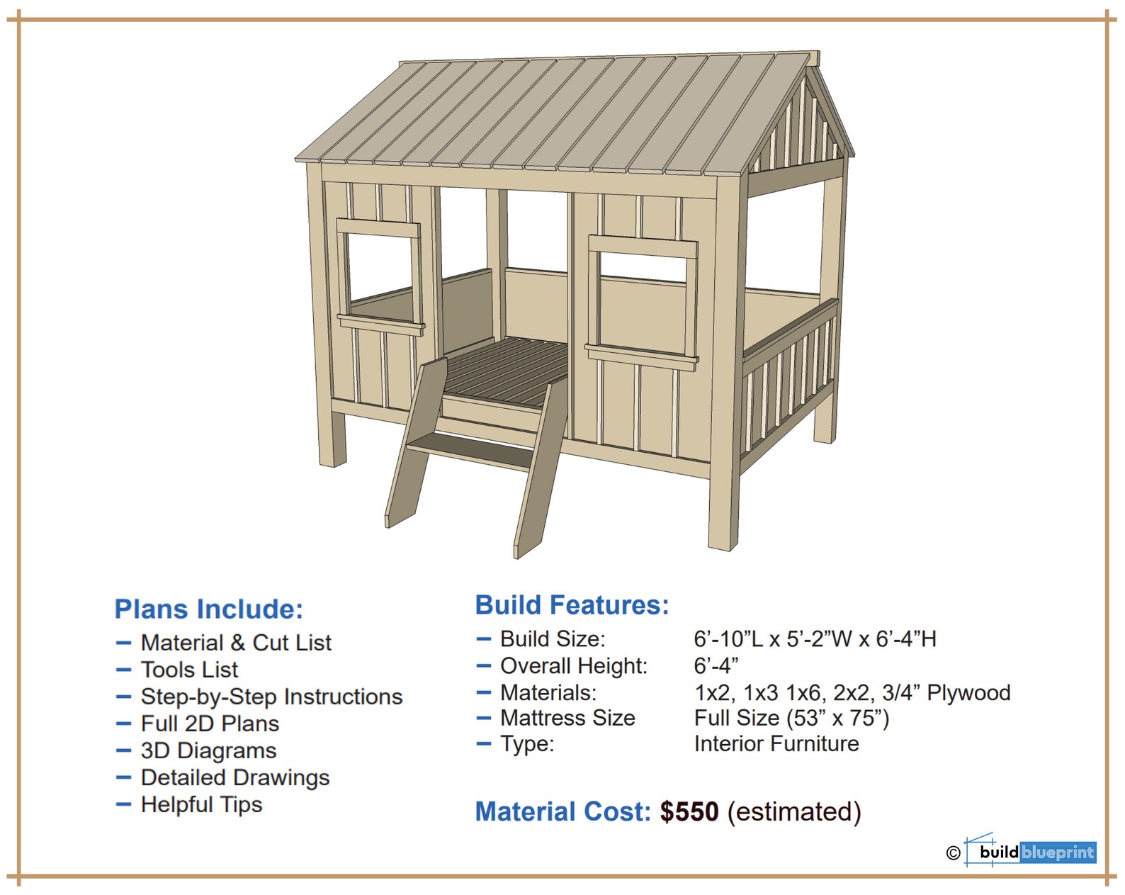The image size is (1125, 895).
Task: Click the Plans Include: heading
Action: click(209, 609)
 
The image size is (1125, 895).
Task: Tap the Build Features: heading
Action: click(572, 605)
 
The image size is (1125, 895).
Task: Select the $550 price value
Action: click(689, 811)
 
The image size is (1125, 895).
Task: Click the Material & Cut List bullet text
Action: click(236, 643)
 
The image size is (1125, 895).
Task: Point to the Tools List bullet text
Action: click(189, 670)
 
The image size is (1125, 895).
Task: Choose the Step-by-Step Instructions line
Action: click(271, 697)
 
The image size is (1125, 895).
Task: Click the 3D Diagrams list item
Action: click(208, 750)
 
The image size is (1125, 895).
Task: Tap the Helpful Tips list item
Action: click(201, 804)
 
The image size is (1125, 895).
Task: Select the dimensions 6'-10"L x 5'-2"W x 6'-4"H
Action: click(815, 639)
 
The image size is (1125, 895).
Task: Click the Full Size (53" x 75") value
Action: click(791, 719)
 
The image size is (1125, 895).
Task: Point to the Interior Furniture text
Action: click(776, 744)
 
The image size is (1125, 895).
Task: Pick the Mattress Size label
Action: click(567, 719)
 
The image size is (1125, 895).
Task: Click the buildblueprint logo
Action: click(1036, 852)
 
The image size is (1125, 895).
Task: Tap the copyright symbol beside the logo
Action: click(953, 853)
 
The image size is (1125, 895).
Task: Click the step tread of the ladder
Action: click(471, 450)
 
